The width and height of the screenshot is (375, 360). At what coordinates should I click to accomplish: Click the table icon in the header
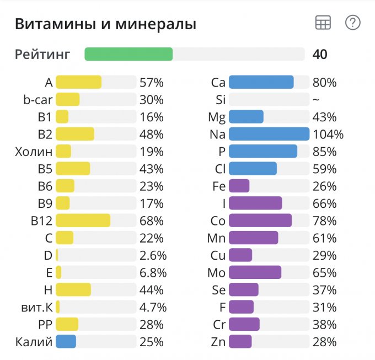pyautogui.click(x=323, y=23)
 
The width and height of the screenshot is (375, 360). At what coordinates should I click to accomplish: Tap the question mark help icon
pyautogui.click(x=352, y=23)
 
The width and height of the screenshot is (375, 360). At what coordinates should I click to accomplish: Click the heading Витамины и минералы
pyautogui.click(x=105, y=24)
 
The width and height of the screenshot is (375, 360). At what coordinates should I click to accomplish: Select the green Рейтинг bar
pyautogui.click(x=128, y=54)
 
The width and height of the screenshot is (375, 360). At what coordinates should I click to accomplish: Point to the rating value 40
pyautogui.click(x=320, y=54)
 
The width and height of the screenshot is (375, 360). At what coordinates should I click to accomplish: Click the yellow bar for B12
pyautogui.click(x=83, y=221)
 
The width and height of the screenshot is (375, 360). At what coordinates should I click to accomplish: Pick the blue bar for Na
pyautogui.click(x=269, y=134)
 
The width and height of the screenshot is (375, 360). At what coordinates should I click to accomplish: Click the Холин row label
pyautogui.click(x=34, y=152)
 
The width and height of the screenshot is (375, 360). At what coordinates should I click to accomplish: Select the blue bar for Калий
pyautogui.click(x=66, y=342)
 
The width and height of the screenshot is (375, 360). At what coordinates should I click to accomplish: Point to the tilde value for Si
pyautogui.click(x=315, y=100)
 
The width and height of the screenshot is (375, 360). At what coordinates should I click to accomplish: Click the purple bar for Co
pyautogui.click(x=260, y=221)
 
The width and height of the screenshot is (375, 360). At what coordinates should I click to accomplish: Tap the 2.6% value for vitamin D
pyautogui.click(x=152, y=256)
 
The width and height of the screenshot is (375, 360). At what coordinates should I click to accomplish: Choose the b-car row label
pyautogui.click(x=37, y=100)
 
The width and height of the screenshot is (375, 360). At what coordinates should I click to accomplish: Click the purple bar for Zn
pyautogui.click(x=240, y=342)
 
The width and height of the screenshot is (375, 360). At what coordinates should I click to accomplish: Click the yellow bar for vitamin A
pyautogui.click(x=78, y=83)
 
